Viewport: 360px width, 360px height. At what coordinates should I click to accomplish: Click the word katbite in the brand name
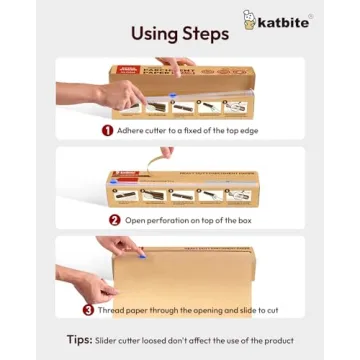tap(285, 21)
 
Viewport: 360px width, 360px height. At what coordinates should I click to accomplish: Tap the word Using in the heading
tap(159, 33)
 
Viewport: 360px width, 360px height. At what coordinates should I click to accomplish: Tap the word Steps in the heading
tap(207, 33)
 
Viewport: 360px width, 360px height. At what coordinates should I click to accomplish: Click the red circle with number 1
tap(106, 129)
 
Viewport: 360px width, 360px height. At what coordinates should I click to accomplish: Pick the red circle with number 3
tap(88, 310)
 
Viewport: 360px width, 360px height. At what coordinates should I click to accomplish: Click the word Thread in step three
tap(111, 310)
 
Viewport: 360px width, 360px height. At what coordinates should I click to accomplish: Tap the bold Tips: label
tap(80, 339)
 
